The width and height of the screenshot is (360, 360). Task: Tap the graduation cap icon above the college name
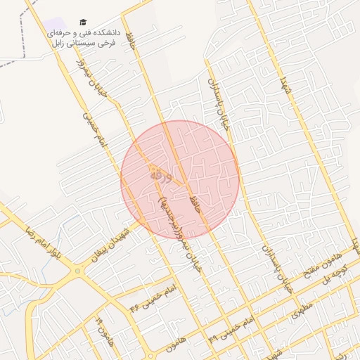click(x=83, y=22)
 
